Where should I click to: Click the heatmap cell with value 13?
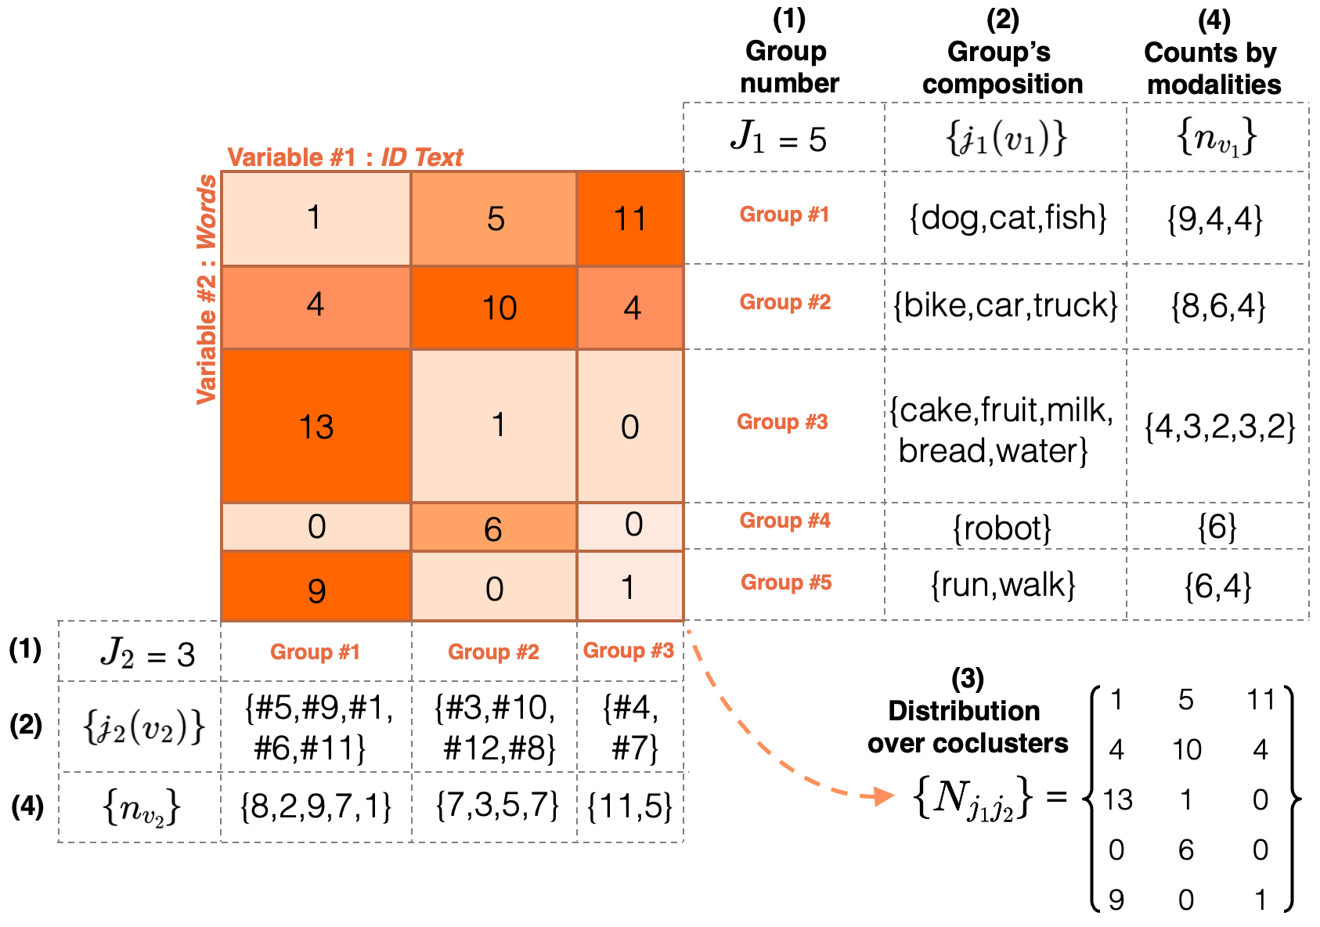(316, 426)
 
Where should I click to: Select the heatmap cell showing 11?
(630, 218)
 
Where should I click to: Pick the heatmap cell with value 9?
(316, 588)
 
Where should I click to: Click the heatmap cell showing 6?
(493, 528)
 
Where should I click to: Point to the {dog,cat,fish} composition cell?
(1007, 218)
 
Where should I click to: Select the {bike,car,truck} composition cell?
(1006, 305)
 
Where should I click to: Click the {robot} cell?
(1002, 528)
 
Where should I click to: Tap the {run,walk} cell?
(1003, 585)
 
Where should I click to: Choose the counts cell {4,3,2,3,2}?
(1219, 427)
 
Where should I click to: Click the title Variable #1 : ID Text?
(344, 157)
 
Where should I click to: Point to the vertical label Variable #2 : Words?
(206, 289)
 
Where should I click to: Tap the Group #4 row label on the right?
(784, 521)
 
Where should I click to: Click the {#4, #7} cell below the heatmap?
(631, 727)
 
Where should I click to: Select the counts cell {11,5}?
(629, 806)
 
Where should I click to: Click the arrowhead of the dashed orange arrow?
(885, 797)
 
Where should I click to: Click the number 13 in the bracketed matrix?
(1118, 799)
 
